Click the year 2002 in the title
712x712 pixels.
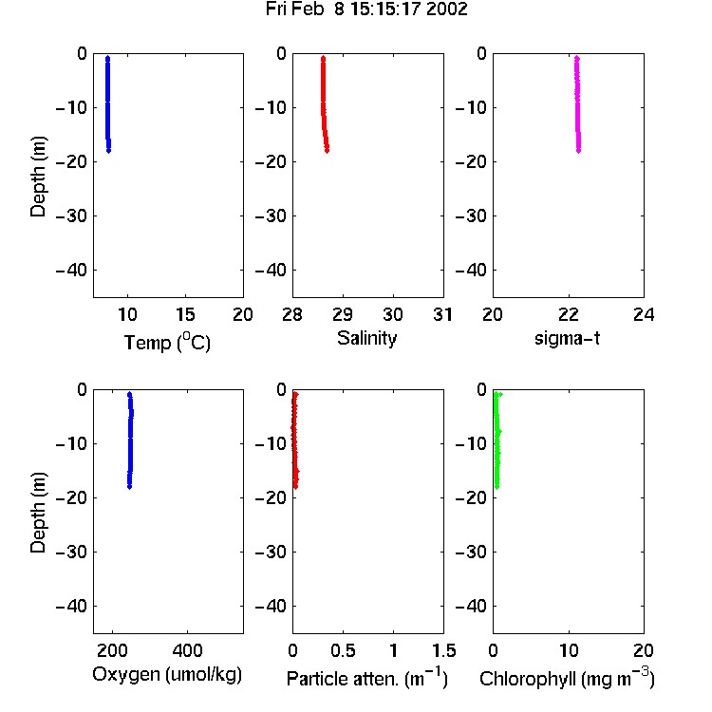(447, 9)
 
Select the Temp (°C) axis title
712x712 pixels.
(167, 342)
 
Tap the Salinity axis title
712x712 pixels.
(366, 338)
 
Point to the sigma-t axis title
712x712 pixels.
(567, 338)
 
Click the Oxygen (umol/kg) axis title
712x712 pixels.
(167, 675)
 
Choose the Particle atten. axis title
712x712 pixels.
(367, 678)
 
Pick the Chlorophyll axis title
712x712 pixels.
(567, 678)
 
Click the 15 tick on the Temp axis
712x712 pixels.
(185, 314)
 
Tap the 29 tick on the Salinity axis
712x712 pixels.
(343, 314)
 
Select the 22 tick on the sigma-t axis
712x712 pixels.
(569, 314)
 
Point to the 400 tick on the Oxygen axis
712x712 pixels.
(188, 650)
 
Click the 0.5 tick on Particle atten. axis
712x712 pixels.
(343, 650)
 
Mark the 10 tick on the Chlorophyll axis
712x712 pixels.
(569, 650)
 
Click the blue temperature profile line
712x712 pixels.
(108, 104)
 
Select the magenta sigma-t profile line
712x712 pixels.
(577, 104)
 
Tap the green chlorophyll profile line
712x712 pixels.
(497, 440)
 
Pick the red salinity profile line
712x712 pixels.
(324, 104)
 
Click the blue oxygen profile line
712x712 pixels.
(130, 440)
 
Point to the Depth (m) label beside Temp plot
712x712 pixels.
(38, 177)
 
